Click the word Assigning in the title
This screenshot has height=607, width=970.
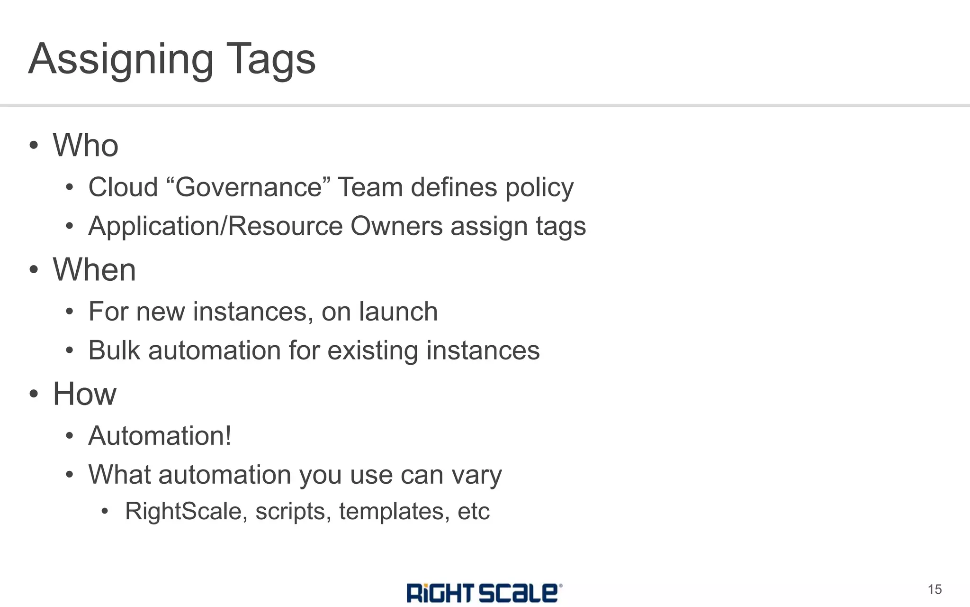click(x=121, y=60)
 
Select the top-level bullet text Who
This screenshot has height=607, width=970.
click(x=86, y=145)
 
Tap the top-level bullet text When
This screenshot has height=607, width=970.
click(x=94, y=269)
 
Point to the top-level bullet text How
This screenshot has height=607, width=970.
click(x=84, y=394)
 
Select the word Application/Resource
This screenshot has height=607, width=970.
click(x=216, y=226)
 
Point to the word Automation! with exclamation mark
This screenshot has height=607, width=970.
click(x=160, y=436)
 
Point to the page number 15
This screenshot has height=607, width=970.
click(x=934, y=589)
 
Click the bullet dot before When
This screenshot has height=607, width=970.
click(x=34, y=269)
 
